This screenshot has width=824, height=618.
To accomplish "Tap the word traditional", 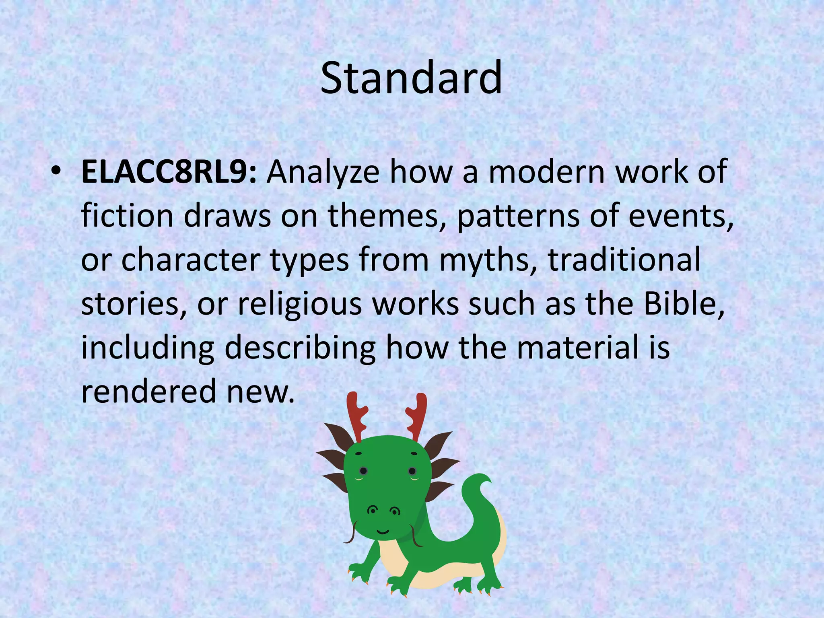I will (x=624, y=260).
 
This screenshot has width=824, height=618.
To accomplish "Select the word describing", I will (x=300, y=348).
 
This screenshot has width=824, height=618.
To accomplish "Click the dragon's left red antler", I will (x=356, y=416).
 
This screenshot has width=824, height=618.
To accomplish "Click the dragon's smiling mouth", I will (x=383, y=532).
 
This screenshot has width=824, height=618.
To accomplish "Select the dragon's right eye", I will (x=412, y=471).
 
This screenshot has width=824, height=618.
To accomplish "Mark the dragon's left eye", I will (x=363, y=471).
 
